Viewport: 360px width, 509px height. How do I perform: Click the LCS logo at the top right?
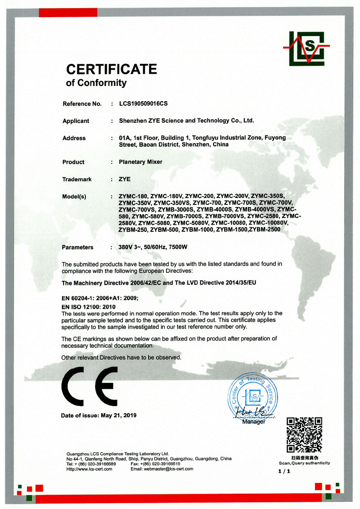tap(306, 48)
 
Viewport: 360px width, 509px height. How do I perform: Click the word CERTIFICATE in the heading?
tap(112, 69)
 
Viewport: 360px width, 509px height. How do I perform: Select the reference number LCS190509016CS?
tap(143, 104)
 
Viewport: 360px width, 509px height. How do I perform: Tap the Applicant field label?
tap(76, 121)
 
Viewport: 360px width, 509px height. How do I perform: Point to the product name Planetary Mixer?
tap(140, 162)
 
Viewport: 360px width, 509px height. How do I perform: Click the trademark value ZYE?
tap(124, 179)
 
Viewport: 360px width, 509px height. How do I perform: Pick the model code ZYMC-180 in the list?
tap(133, 196)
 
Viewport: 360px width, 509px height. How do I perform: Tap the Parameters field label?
tap(77, 247)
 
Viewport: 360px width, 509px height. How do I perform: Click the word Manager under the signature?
tap(253, 422)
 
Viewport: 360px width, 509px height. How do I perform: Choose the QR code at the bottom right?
tap(305, 434)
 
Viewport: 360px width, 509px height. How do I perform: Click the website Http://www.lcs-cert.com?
tap(89, 469)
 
